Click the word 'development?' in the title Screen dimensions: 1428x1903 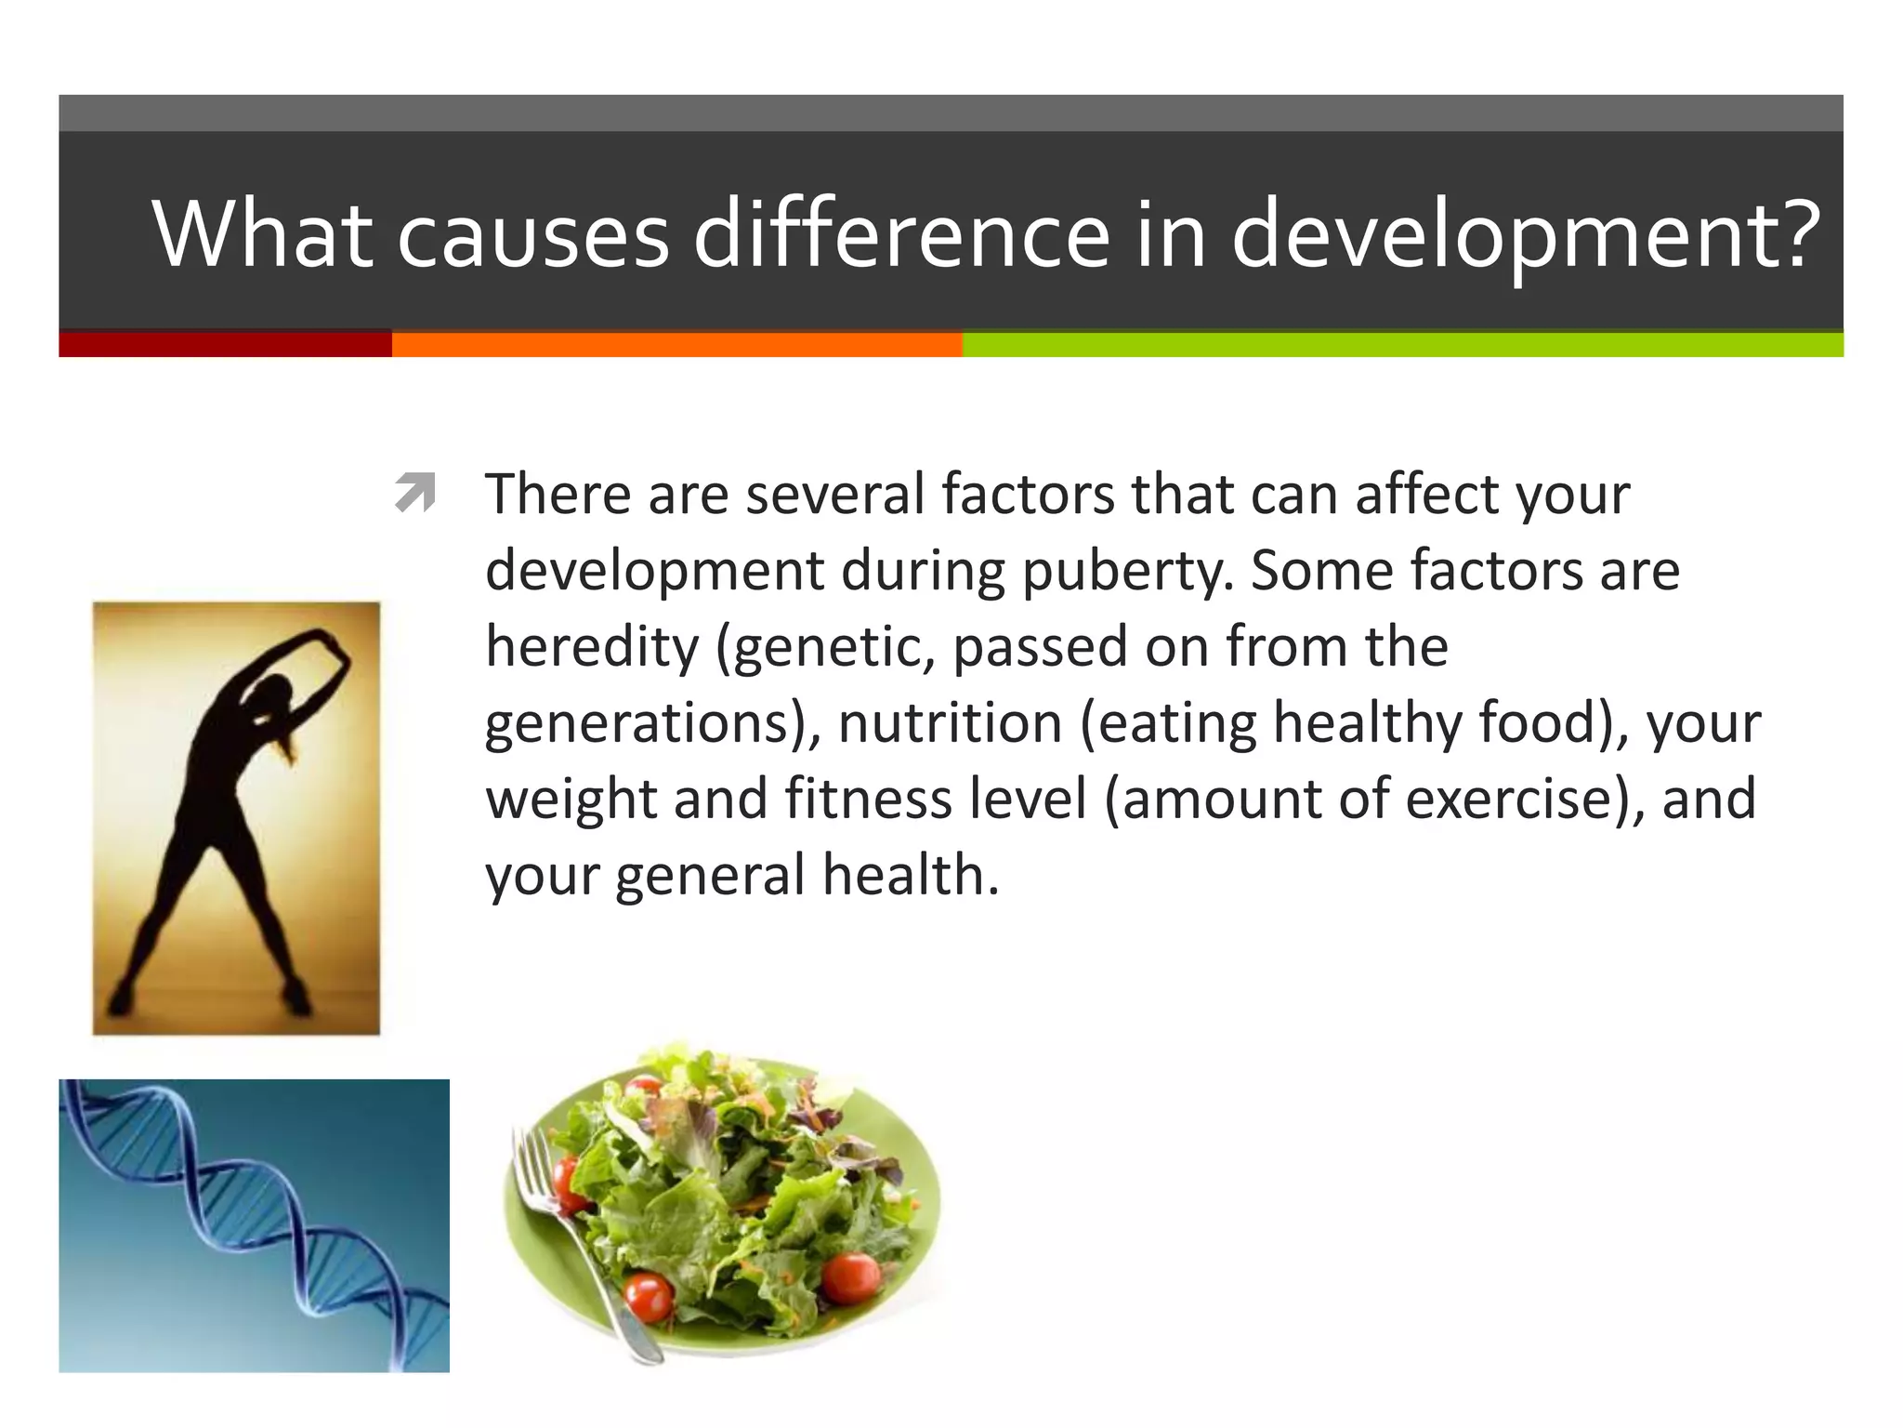[1524, 234]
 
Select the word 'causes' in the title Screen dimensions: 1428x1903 [532, 234]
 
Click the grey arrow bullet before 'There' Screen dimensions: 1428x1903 [414, 493]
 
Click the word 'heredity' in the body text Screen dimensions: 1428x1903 [591, 647]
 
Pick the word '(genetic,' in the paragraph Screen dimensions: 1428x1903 [825, 647]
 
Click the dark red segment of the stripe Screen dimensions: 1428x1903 [225, 344]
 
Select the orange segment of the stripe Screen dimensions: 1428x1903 [676, 344]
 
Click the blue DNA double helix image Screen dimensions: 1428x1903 [254, 1225]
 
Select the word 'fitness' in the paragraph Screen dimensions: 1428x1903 [868, 799]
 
